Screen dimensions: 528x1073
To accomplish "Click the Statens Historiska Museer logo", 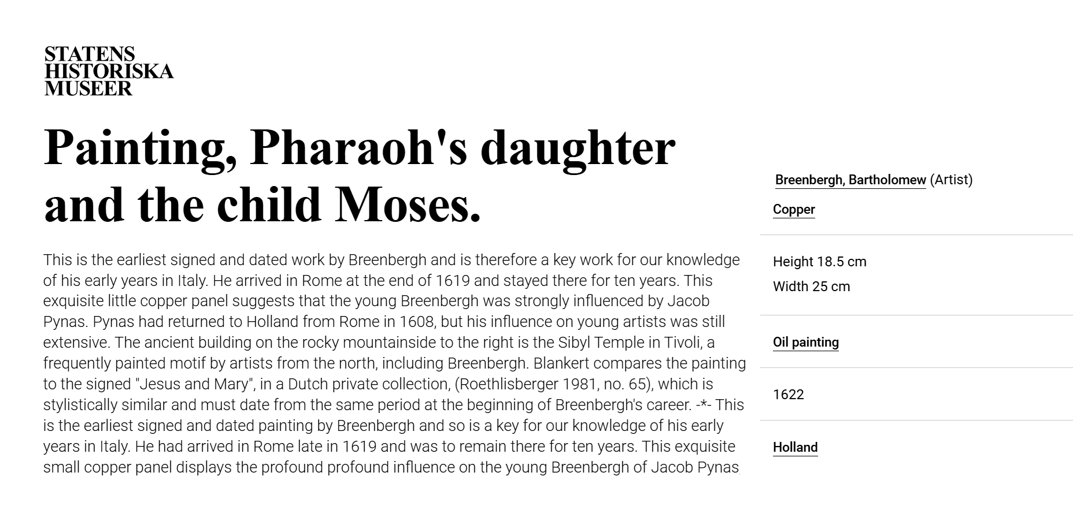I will tap(109, 71).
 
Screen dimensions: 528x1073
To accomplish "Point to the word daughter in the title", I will tap(578, 147).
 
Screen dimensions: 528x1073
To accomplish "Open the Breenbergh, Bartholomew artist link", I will tap(850, 180).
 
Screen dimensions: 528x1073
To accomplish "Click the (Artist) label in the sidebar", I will tap(951, 180).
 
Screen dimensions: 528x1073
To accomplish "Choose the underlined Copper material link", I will tap(794, 210).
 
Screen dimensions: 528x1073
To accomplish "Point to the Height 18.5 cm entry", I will tap(819, 262).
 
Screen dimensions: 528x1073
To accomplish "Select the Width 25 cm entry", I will tap(811, 287).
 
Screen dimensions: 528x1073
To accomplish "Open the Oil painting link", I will tap(805, 343).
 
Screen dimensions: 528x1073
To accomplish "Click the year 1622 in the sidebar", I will tap(788, 395).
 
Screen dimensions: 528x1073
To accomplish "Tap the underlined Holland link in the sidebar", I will tap(795, 448).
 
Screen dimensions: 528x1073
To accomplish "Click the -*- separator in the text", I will tap(704, 405).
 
